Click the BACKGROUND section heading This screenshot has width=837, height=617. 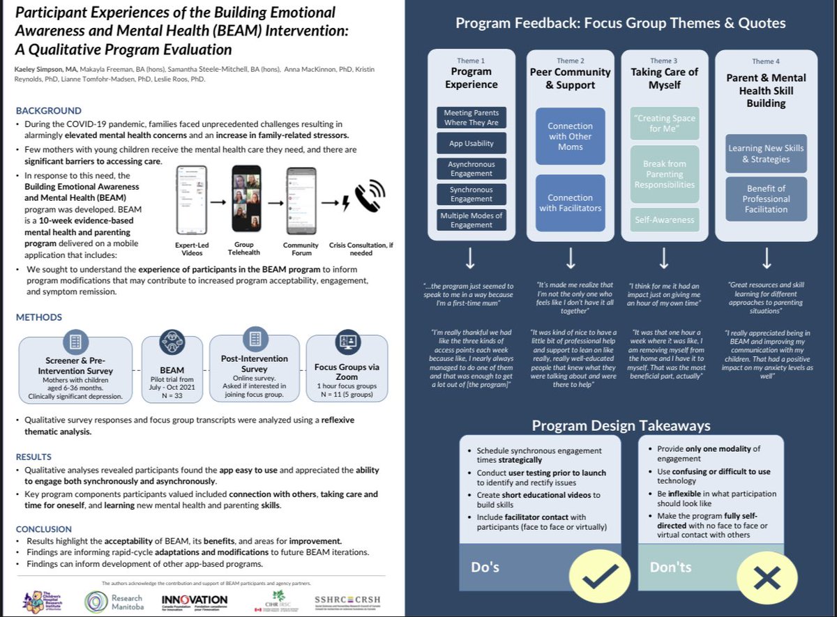point(49,111)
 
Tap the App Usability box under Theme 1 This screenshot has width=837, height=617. point(471,144)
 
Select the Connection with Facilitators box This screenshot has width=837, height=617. point(570,202)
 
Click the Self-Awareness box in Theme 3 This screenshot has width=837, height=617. point(664,220)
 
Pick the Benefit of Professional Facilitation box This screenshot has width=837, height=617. point(766,199)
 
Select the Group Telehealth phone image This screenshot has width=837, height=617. point(247,199)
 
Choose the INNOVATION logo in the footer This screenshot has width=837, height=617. point(195,601)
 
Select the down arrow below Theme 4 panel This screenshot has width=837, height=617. point(766,259)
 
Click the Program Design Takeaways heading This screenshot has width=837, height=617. point(621,425)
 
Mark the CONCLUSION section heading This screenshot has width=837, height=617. point(44,529)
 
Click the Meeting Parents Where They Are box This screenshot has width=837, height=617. point(471,117)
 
